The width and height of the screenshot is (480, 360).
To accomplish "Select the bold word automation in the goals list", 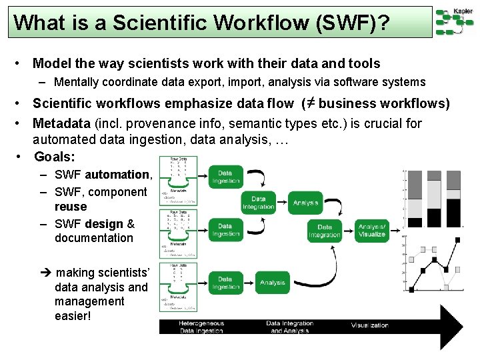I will (117, 175).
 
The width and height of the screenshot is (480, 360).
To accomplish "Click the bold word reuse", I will (71, 207).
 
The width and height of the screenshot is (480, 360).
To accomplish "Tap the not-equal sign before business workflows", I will (308, 103).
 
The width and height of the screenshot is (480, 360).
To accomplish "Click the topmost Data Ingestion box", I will (225, 177).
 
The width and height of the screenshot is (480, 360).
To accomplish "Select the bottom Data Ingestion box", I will (225, 282).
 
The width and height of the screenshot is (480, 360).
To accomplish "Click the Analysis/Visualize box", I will (372, 231).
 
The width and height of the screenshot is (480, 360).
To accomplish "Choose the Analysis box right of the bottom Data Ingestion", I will (272, 283).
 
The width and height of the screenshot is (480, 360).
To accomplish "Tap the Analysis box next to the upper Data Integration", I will (305, 203).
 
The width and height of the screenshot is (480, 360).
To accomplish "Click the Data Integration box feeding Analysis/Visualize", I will (325, 231).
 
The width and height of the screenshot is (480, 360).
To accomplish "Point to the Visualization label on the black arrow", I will (369, 325).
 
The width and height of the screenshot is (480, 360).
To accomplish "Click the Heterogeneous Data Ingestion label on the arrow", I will (201, 326).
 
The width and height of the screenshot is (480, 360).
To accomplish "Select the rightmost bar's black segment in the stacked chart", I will (453, 213).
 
